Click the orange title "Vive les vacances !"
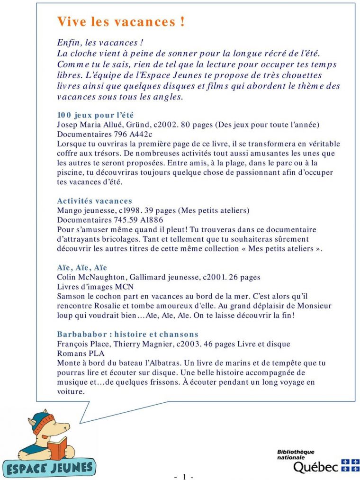tap(121, 22)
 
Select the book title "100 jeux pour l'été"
tap(95, 115)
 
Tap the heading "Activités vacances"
tap(94, 201)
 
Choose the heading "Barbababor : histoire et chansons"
tap(127, 334)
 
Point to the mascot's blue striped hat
tap(44, 420)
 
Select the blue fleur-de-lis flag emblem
tap(351, 465)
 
